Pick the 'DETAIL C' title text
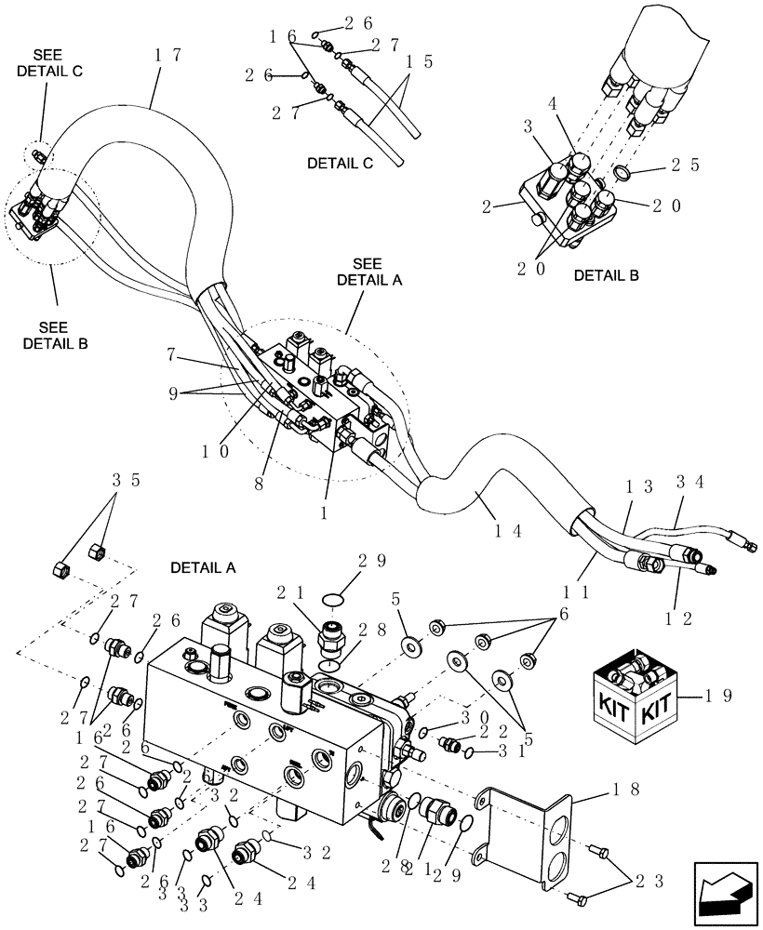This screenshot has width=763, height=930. click(x=340, y=164)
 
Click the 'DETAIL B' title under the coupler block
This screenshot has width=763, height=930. click(x=605, y=275)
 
